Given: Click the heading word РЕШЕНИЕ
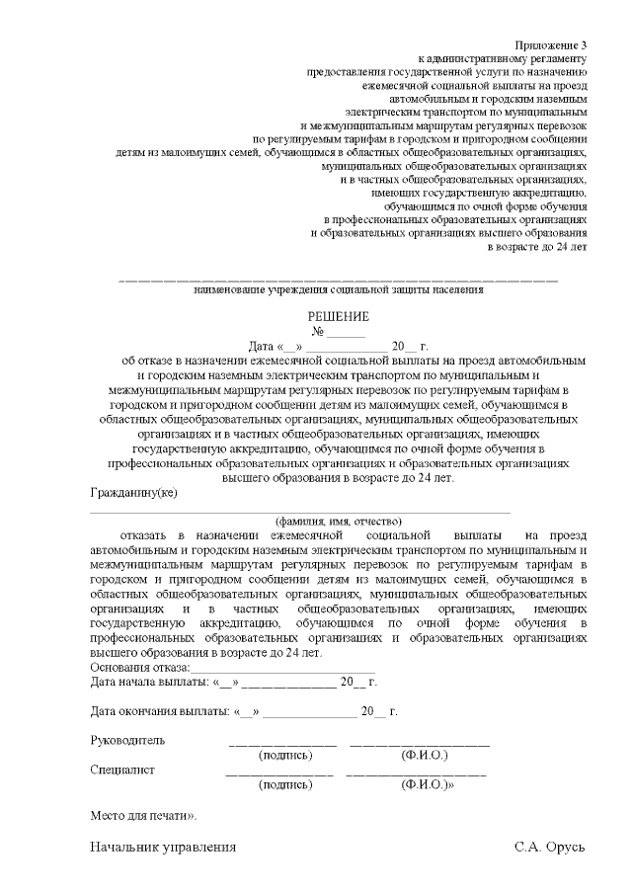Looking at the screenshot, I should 339,316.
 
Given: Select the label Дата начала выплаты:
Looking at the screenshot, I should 150,682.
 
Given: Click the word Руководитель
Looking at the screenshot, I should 127,740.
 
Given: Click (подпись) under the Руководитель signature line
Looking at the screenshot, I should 284,755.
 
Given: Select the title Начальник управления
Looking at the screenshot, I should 163,848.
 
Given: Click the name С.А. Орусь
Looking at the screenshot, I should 550,848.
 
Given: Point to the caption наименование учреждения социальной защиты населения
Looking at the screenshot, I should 339,290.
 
